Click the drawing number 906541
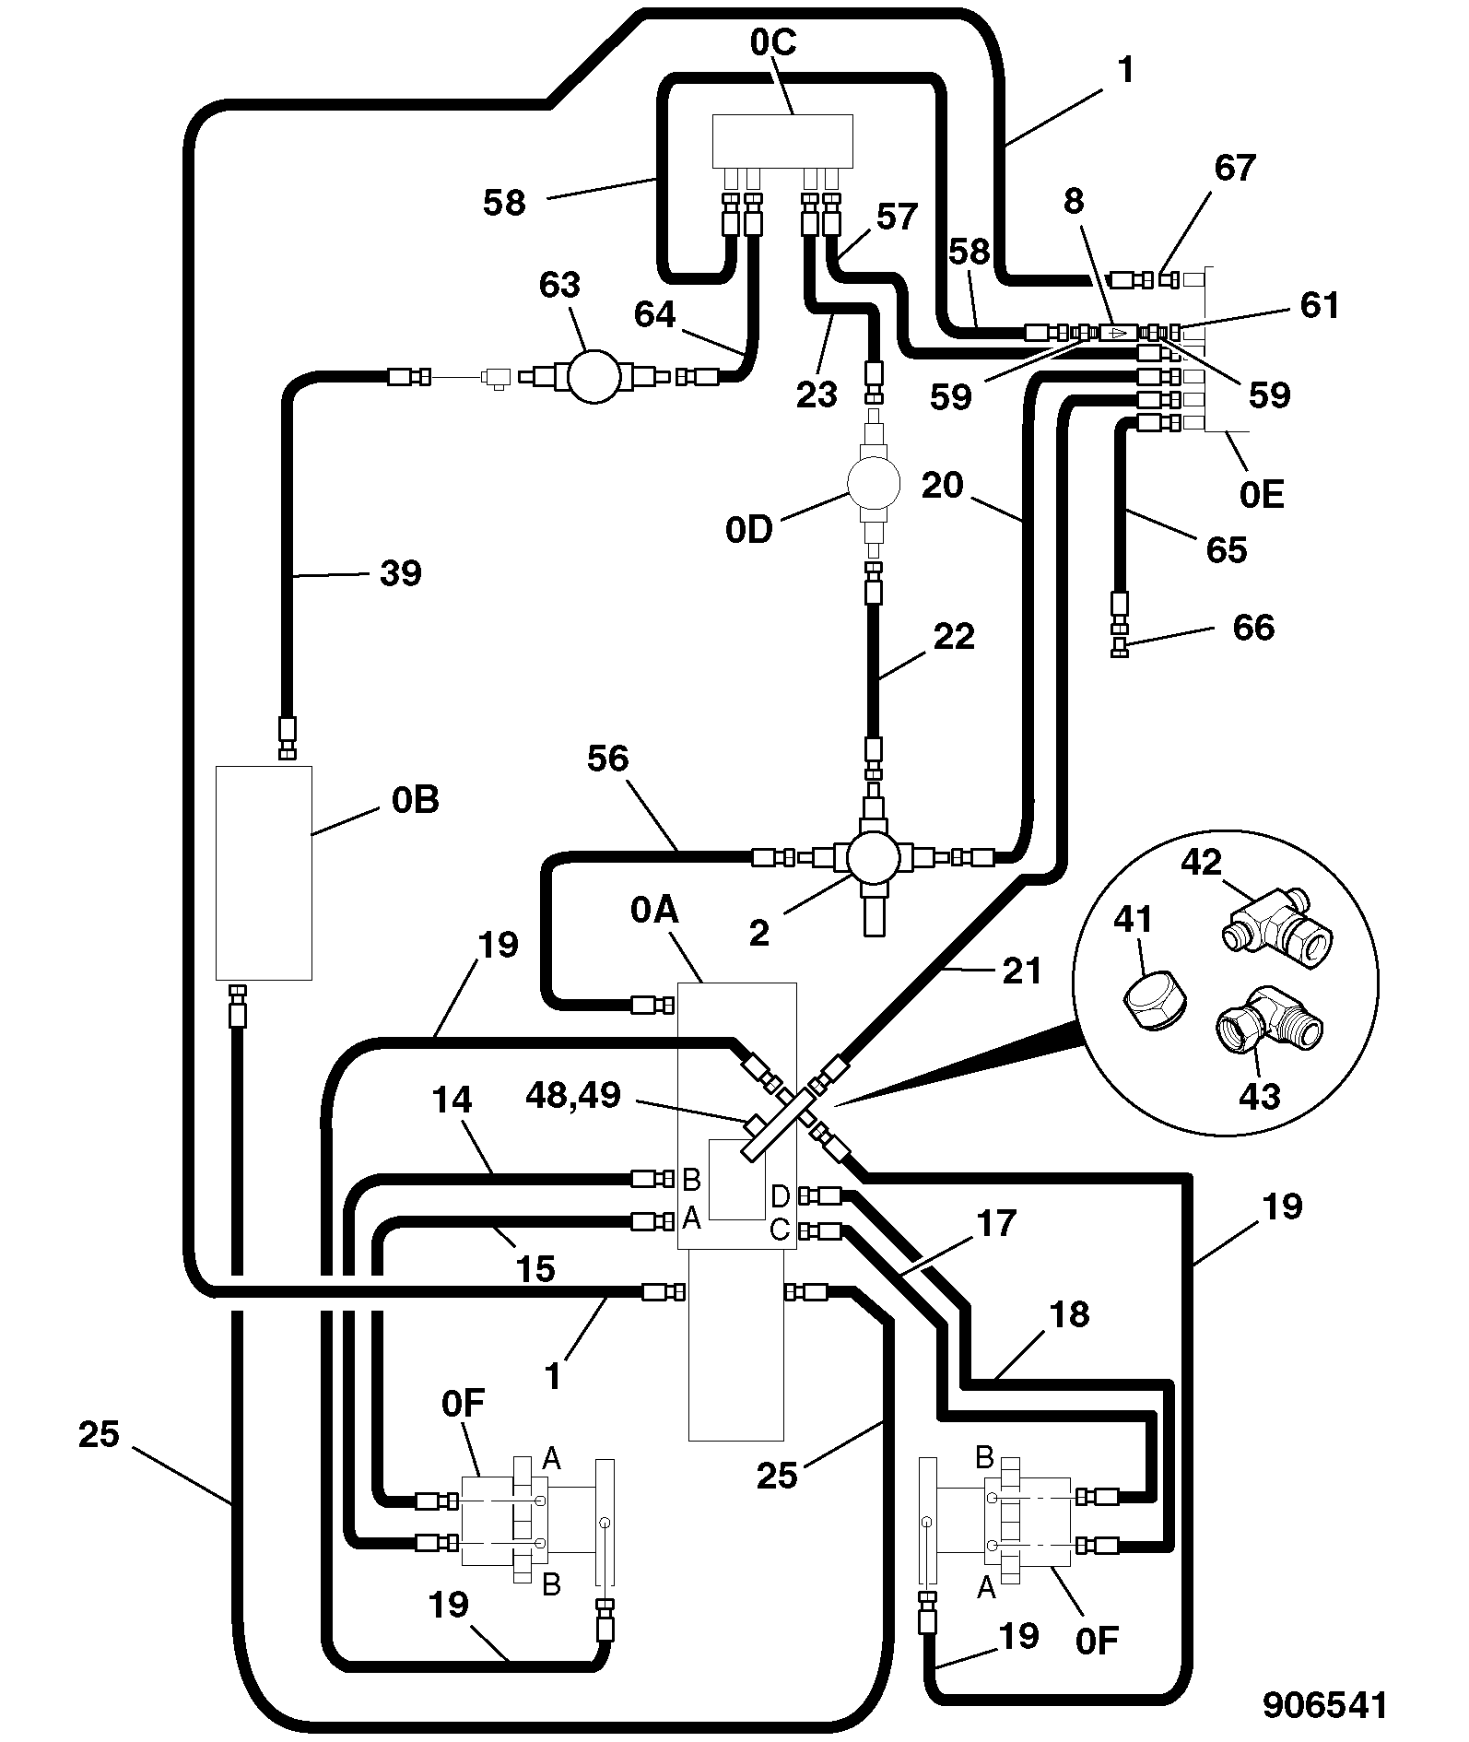(1324, 1704)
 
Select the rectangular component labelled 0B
(264, 872)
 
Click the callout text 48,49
(572, 1095)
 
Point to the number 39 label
(401, 573)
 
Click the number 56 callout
(607, 759)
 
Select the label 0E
(1261, 496)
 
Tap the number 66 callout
(1253, 628)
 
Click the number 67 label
(1235, 168)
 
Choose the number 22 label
(953, 637)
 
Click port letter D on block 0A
(780, 1196)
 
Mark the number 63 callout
(559, 285)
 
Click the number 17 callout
(995, 1224)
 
